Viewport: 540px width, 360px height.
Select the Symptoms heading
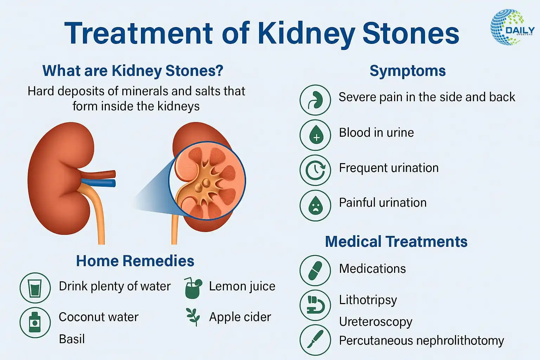408,71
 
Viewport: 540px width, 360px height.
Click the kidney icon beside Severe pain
315,100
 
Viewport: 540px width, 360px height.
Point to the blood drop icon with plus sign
315,135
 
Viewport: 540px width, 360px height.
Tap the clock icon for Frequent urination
315,170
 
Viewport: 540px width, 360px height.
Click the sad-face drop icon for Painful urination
315,205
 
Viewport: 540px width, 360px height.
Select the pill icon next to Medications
315,271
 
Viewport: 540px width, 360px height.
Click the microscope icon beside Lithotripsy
315,305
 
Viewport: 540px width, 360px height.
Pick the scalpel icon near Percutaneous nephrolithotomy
315,340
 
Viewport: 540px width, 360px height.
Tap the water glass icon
35,288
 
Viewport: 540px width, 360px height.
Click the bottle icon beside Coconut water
35,322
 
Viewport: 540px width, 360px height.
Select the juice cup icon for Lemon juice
193,288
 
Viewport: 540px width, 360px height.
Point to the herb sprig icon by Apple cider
193,317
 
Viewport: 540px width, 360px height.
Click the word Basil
72,339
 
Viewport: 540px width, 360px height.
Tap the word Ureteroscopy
375,322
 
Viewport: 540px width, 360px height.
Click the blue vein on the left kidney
98,183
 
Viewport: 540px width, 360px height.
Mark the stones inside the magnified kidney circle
202,185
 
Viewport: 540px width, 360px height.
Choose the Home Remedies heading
135,261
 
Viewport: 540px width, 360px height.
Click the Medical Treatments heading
396,242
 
